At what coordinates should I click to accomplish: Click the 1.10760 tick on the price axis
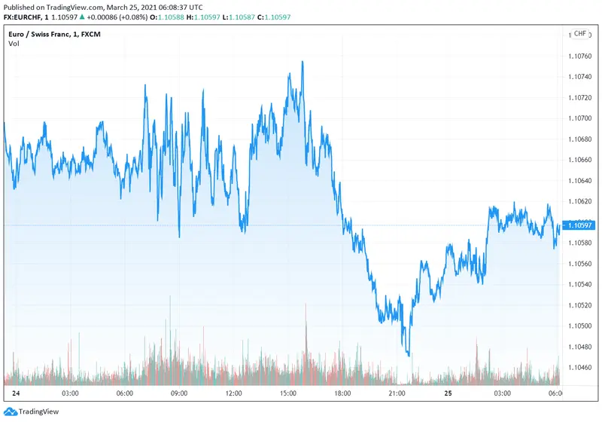[x=582, y=56]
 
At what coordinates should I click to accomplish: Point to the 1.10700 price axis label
[x=582, y=118]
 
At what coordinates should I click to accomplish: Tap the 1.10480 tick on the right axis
[x=582, y=347]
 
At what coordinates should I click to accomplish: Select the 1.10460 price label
[x=582, y=368]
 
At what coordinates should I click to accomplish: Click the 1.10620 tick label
[x=582, y=201]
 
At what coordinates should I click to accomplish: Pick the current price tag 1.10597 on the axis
[x=581, y=225]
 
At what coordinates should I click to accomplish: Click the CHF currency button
[x=580, y=34]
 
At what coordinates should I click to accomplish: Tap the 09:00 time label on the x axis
[x=179, y=393]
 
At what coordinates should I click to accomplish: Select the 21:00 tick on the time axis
[x=397, y=393]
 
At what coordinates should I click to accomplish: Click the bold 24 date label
[x=15, y=393]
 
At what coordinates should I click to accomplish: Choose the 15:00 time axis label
[x=288, y=393]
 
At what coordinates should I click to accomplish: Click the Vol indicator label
[x=14, y=44]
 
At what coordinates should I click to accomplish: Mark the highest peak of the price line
[x=303, y=62]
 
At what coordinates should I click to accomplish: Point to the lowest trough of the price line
[x=409, y=355]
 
